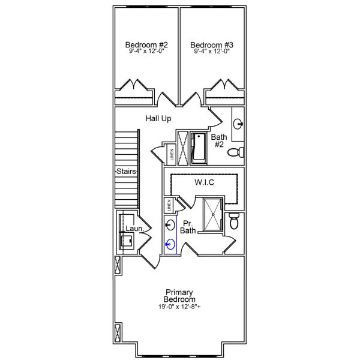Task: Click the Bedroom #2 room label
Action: pos(146,45)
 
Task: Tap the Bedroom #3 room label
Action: pos(212,45)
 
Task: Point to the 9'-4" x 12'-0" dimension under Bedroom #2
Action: pos(146,52)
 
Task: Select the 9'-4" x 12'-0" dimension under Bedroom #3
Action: pos(212,52)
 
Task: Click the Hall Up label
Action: pos(158,119)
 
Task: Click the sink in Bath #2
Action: pos(238,125)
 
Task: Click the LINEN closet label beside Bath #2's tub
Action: pos(171,154)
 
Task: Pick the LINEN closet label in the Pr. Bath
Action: pos(170,205)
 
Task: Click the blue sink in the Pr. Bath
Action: pos(170,244)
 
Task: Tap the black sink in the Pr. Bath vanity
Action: pos(170,226)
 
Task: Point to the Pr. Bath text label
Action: pos(188,226)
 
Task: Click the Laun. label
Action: pos(133,229)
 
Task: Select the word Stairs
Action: pos(127,172)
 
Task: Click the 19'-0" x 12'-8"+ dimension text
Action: pos(180,307)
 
